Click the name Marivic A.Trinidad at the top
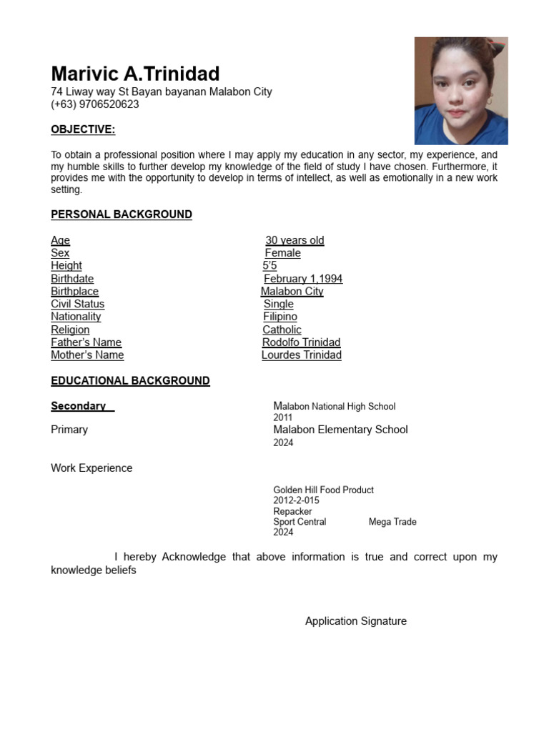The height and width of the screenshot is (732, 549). [135, 74]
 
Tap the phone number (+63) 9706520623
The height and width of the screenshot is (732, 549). [95, 104]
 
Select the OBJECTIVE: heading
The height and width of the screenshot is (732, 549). [83, 129]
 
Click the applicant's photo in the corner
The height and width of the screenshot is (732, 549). [461, 91]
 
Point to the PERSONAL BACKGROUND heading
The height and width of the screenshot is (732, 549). [122, 214]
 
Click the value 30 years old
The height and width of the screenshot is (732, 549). [295, 240]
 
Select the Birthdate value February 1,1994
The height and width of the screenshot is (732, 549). [303, 279]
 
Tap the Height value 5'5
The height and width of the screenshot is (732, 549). [269, 266]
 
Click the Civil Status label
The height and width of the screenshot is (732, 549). [77, 304]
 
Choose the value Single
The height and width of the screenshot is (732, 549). [278, 304]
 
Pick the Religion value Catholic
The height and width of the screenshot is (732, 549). [282, 330]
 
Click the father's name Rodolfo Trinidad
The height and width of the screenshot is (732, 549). [301, 342]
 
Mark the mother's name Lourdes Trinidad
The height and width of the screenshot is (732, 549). [301, 355]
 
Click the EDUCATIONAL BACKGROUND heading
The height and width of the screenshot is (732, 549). [130, 381]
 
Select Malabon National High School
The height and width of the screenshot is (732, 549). [334, 406]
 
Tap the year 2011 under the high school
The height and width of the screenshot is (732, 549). [283, 417]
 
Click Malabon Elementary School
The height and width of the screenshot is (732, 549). [340, 430]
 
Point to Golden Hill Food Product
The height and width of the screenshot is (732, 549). [323, 490]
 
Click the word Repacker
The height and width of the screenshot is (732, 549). [292, 511]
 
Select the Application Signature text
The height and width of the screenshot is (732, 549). [355, 621]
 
